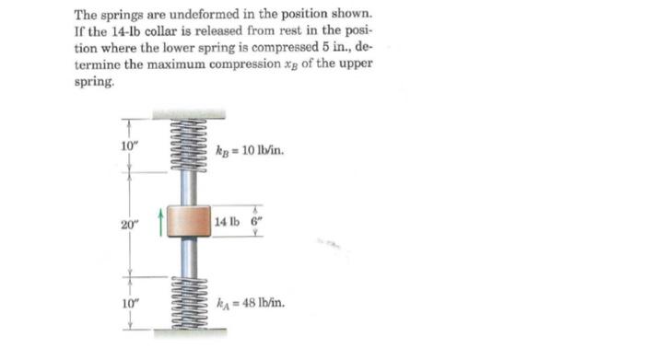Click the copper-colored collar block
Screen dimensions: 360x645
click(189, 222)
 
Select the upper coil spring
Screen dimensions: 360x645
click(189, 147)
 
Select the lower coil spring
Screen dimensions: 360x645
click(189, 296)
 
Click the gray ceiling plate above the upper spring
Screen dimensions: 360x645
click(189, 114)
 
